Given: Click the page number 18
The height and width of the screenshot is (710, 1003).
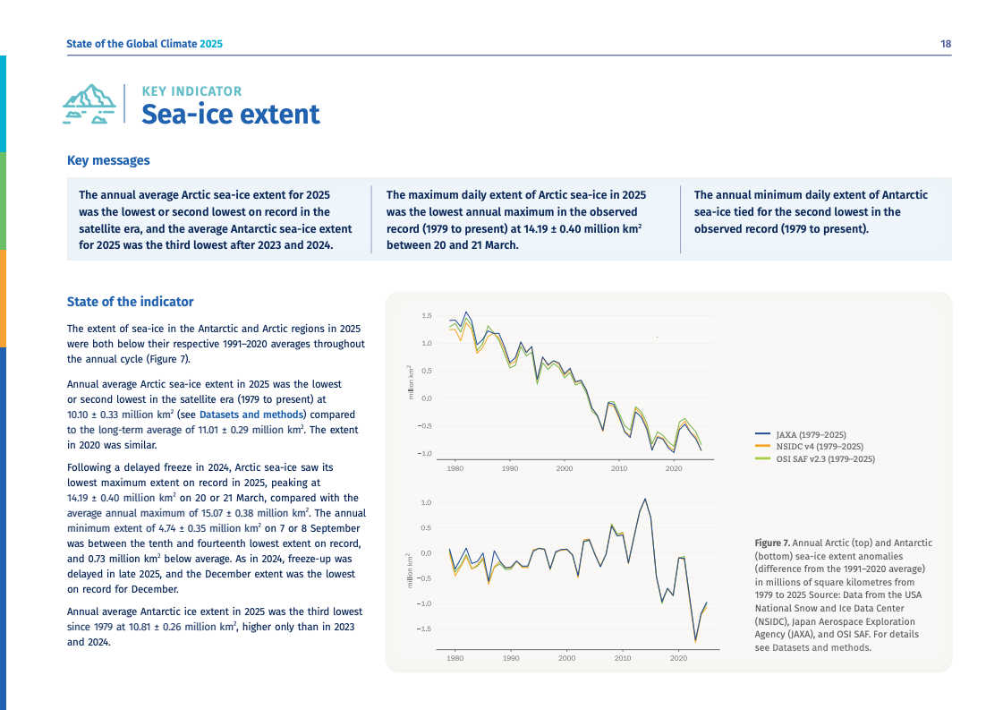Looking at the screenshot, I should coord(945,44).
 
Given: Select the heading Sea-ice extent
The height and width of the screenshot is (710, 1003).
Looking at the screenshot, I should coord(230,115).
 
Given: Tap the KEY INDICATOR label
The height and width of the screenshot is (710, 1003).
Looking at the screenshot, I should coord(191,91).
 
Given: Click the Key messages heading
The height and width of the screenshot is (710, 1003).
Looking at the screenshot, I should coord(108,160).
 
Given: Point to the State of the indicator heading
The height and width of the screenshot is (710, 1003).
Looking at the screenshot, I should coord(130,302).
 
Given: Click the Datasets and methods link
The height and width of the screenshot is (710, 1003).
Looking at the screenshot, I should coord(251,415).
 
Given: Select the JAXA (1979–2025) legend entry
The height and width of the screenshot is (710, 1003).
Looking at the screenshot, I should coord(810,434).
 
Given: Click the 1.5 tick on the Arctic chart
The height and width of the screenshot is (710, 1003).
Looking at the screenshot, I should coord(427,316).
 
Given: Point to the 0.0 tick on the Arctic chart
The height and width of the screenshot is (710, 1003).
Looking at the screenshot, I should coord(427,398).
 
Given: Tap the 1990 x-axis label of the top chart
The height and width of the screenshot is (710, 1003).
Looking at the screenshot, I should coord(510,468).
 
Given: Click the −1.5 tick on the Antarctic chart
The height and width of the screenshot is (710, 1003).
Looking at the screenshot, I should coord(425,629).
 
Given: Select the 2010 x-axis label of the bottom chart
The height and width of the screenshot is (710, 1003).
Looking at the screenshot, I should coord(623,658).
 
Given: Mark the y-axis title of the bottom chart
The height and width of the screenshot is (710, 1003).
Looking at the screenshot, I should coord(410,569).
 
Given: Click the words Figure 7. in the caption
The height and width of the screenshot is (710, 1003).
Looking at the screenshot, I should coord(772,543).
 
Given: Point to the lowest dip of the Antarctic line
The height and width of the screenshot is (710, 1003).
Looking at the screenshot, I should coord(695,641).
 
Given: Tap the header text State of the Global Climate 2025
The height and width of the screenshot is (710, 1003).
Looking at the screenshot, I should coord(144,44).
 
